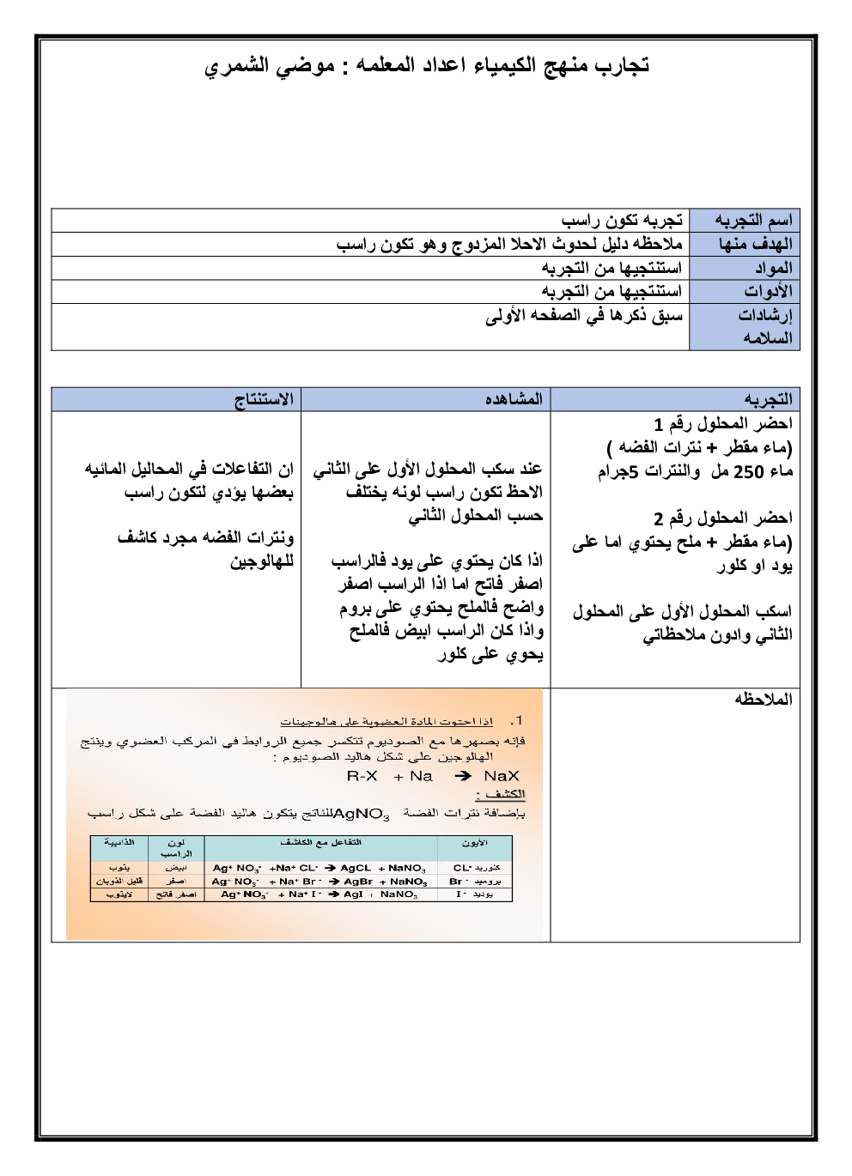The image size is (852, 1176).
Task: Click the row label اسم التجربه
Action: [753, 221]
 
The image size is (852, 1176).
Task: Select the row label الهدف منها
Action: [755, 244]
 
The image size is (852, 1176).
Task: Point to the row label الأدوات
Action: [768, 291]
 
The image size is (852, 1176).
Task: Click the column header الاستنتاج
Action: [264, 399]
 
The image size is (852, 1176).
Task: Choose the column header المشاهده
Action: [514, 399]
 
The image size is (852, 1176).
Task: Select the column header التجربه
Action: [768, 399]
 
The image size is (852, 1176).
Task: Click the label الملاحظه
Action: [764, 699]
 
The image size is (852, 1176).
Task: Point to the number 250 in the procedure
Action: [748, 471]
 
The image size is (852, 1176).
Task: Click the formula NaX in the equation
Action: [502, 776]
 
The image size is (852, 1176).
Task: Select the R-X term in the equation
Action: [362, 776]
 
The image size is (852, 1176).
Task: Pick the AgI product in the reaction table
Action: [353, 894]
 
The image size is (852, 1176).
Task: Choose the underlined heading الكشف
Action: [506, 794]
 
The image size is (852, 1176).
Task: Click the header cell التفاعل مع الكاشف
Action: [320, 843]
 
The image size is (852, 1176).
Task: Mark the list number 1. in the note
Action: [515, 721]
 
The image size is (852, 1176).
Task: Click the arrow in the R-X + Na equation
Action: [463, 776]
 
